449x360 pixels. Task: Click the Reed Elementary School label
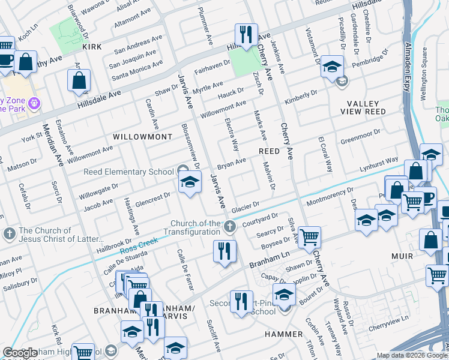(x=128, y=172)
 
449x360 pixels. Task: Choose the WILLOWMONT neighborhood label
(x=143, y=137)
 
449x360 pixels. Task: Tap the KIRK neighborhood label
(x=92, y=46)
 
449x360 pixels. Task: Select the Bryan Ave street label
(x=231, y=163)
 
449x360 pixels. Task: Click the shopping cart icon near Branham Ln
(x=309, y=237)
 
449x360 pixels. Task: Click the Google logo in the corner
(x=20, y=353)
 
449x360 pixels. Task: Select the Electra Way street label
(x=232, y=134)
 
